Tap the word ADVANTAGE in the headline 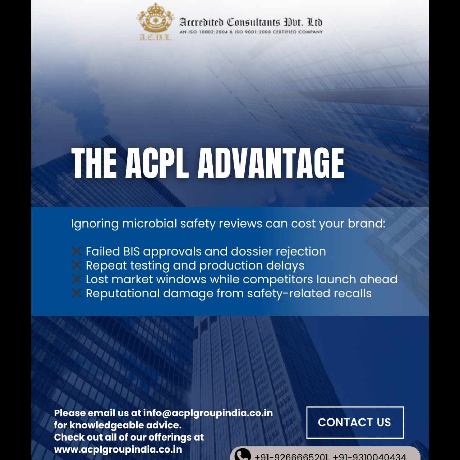271,163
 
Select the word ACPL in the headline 157,163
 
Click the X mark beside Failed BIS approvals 77,251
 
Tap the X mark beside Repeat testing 77,265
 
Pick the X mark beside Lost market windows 77,279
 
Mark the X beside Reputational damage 77,293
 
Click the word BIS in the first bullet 132,251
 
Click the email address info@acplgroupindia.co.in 208,413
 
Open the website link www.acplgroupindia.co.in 118,449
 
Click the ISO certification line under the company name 251,32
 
